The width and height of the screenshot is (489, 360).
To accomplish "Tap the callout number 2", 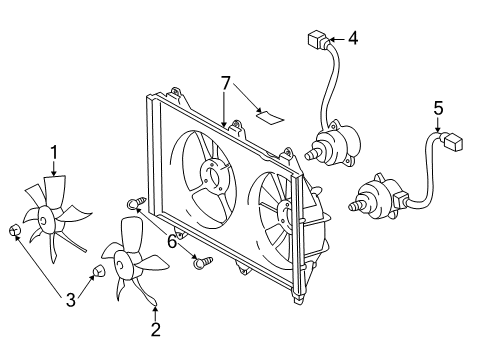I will point(155,329).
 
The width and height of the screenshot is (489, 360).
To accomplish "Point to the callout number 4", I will point(351,38).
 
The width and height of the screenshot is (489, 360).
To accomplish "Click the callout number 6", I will point(171,242).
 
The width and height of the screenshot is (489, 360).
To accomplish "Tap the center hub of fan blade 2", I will point(126,264).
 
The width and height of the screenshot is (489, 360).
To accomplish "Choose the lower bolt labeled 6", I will point(204,262).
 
